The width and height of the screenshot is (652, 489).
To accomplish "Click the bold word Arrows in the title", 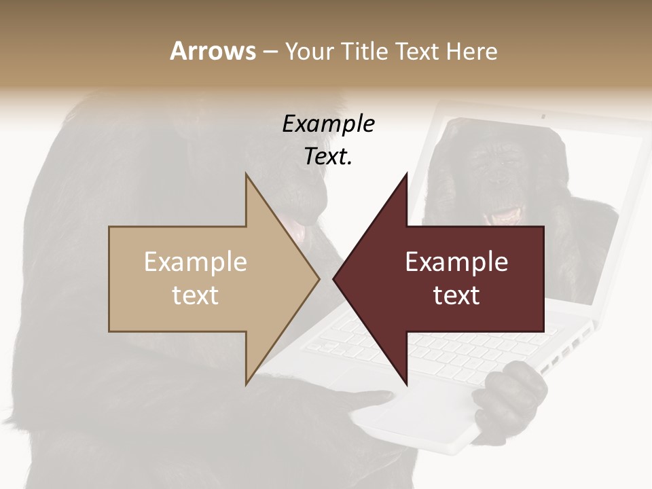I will [213, 51].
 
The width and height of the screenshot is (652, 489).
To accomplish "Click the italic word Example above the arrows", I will [328, 124].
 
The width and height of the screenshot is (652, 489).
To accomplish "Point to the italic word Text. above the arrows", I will [328, 156].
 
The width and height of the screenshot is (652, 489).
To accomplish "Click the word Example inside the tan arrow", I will [196, 262].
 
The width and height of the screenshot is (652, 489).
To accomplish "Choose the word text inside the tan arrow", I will [196, 295].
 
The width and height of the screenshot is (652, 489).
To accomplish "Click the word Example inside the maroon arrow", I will [456, 262].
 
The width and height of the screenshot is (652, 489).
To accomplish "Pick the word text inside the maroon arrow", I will [456, 295].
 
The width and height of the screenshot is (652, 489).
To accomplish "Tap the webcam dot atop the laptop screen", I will [543, 116].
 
